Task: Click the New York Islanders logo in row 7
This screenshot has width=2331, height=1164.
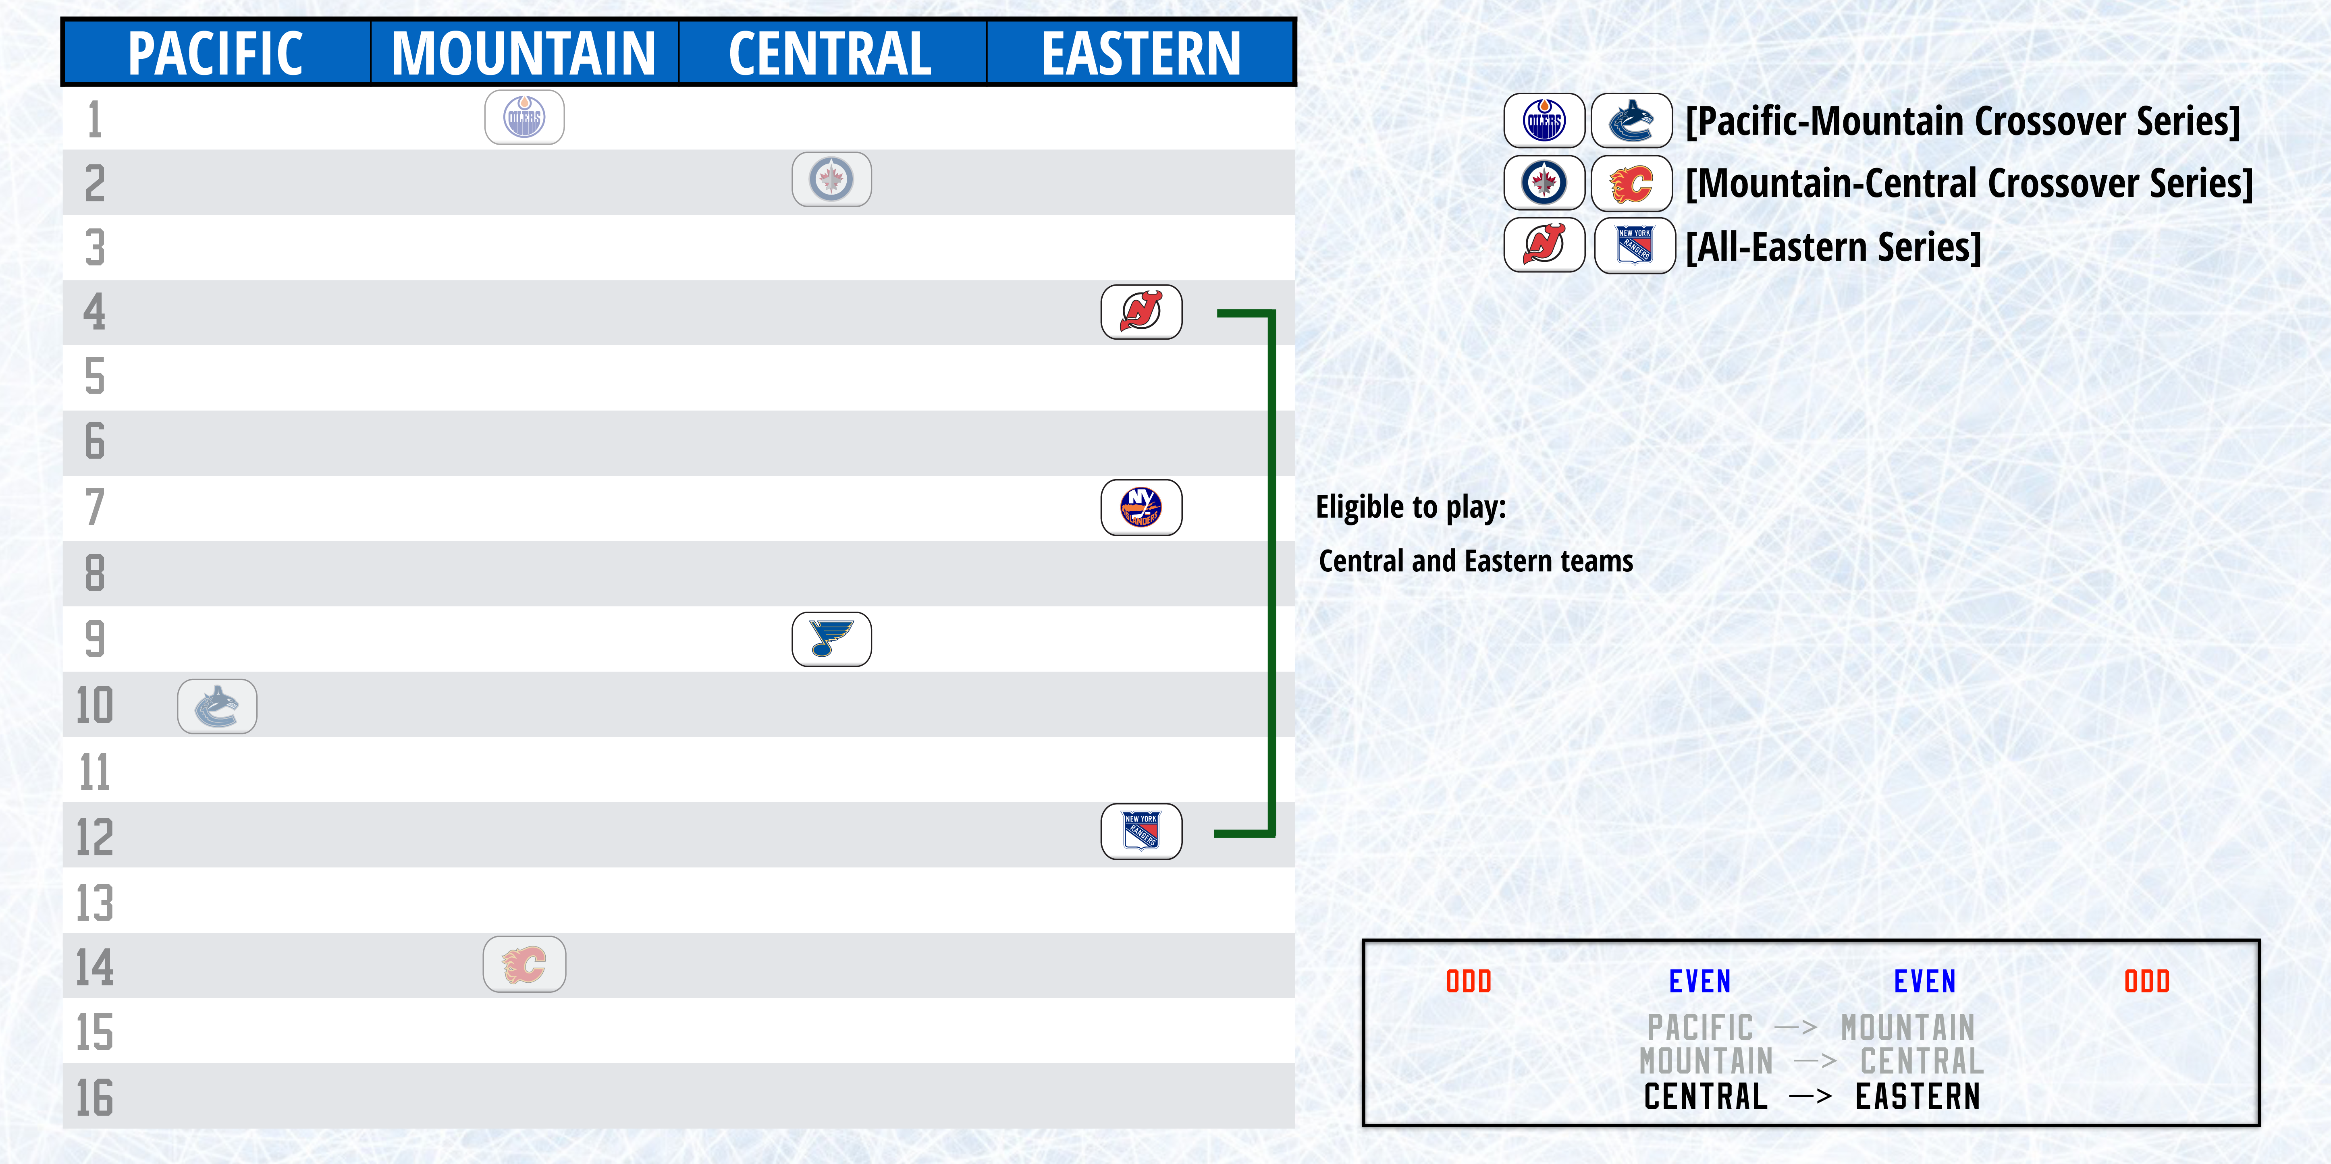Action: click(x=1141, y=507)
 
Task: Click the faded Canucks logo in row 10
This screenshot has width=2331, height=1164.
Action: click(x=217, y=706)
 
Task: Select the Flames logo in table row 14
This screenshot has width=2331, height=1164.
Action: click(x=525, y=964)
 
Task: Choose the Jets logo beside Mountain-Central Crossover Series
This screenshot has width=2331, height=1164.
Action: click(x=1545, y=183)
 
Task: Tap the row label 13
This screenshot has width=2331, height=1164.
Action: click(x=94, y=903)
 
